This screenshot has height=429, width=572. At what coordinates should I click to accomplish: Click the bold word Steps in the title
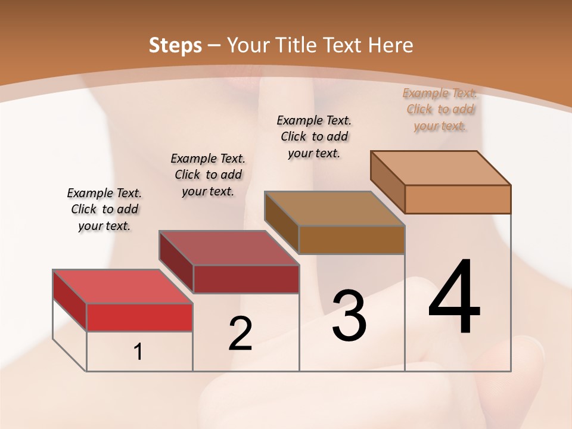click(175, 45)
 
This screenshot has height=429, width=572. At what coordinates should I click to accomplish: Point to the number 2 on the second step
click(240, 334)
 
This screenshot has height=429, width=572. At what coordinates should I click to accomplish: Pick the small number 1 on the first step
click(138, 352)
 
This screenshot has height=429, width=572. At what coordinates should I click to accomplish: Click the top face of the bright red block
click(123, 287)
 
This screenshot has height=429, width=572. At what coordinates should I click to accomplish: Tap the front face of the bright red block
click(139, 317)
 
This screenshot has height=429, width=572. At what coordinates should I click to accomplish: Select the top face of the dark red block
click(229, 247)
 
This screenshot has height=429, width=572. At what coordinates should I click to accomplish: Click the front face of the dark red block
click(246, 279)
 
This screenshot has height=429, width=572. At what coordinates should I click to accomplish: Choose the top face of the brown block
click(334, 208)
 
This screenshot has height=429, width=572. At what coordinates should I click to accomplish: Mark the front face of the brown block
click(352, 240)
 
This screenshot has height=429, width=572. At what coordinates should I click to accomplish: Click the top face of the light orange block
click(441, 167)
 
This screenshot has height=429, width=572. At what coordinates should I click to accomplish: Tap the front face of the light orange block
click(458, 199)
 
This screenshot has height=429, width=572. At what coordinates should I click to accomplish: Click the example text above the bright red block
click(104, 209)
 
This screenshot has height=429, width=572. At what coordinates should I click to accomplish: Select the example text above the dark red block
click(208, 175)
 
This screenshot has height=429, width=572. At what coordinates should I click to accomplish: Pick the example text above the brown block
click(314, 136)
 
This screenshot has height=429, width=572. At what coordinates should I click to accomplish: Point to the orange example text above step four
click(440, 109)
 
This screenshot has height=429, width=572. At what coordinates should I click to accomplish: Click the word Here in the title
click(390, 45)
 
